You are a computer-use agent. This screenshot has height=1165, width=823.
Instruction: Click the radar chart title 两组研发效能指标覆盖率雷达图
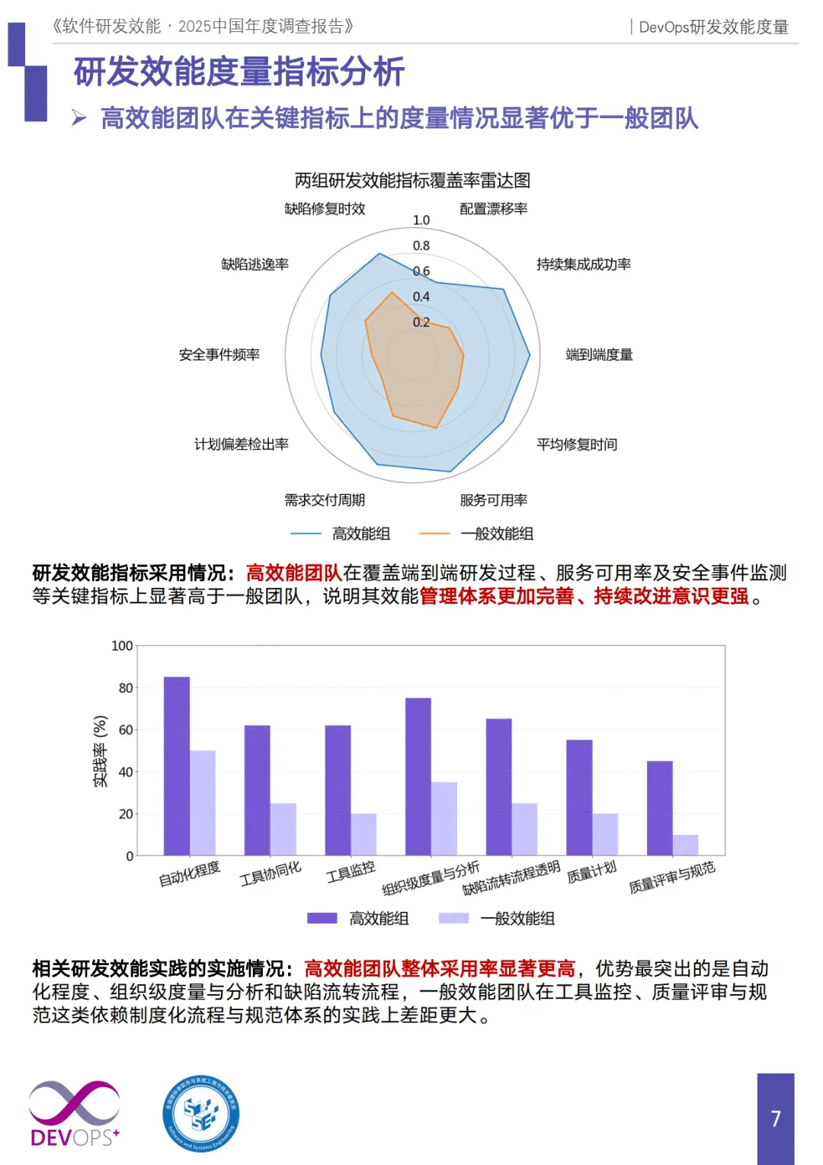(412, 181)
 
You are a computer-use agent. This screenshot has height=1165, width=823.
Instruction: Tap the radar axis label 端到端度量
(599, 355)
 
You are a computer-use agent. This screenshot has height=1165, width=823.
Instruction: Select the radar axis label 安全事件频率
(219, 355)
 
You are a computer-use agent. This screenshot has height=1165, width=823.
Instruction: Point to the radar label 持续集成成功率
(583, 265)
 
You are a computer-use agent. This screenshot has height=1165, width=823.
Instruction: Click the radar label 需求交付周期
(325, 500)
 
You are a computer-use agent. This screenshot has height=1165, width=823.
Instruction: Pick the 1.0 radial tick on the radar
(421, 220)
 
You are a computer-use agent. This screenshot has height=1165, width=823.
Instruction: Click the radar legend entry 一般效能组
(497, 534)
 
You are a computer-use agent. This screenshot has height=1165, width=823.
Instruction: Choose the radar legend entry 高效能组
(361, 534)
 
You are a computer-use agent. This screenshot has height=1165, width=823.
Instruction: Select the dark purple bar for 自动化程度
(177, 765)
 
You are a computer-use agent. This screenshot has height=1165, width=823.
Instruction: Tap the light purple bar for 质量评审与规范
(685, 845)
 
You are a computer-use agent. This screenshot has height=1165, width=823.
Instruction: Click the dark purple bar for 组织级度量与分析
(418, 776)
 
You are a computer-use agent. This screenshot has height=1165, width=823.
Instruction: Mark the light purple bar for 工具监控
(363, 834)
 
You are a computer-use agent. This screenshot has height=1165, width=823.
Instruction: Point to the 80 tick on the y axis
(126, 688)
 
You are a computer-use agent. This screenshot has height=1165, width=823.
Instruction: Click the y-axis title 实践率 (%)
(100, 751)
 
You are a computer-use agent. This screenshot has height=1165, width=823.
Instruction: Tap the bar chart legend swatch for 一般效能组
(453, 918)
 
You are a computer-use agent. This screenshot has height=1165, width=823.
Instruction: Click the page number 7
(776, 1118)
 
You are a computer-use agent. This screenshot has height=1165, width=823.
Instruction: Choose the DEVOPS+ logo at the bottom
(74, 1114)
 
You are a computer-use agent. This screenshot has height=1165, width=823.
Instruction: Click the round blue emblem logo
(201, 1114)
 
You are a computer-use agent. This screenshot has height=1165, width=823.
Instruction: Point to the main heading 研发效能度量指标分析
(239, 72)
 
